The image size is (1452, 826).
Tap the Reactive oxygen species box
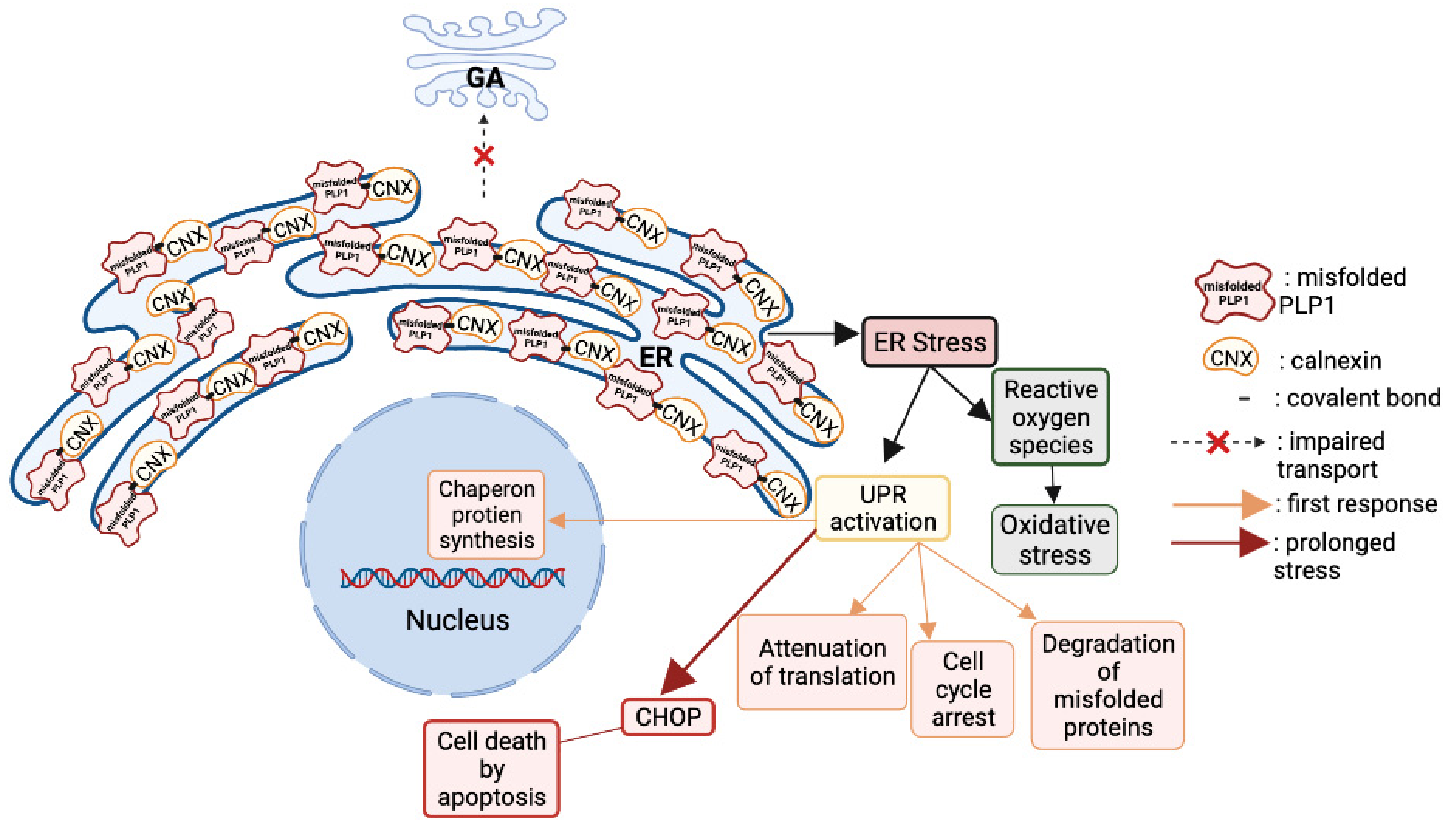pos(1050,417)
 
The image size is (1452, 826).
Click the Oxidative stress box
pos(1054,539)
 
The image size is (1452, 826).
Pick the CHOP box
pos(667,717)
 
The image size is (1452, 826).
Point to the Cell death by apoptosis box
pos(491,769)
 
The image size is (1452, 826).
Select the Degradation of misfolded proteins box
pos(1107,685)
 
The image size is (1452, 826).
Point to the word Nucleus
pos(457,620)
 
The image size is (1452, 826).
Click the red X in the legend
pos(1217,443)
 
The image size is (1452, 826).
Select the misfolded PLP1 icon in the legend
pos(1233,292)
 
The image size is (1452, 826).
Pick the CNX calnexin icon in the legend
pos(1230,359)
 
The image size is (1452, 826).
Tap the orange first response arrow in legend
pos(1220,504)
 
